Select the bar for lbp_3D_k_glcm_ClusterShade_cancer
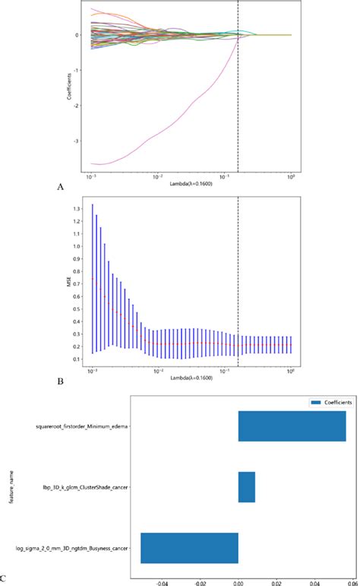(247, 486)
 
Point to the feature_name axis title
(11, 486)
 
